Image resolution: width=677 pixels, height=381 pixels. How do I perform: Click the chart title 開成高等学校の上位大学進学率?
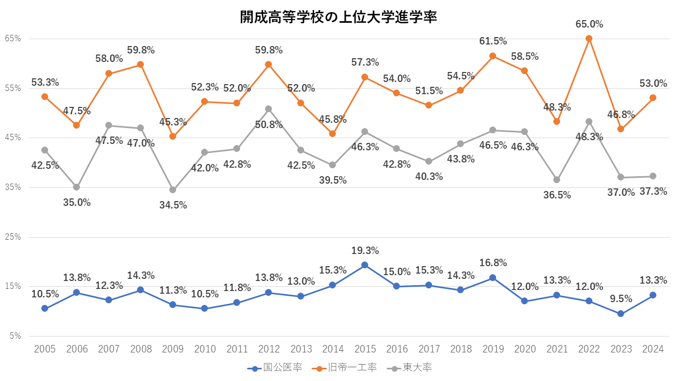coord(338,17)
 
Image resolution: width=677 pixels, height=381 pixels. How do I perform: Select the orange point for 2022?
coord(589,39)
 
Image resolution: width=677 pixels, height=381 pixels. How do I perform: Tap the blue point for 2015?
coord(364,265)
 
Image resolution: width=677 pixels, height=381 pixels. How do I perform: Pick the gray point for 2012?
coord(269,109)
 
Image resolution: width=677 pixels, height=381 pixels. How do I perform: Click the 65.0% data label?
coord(589,24)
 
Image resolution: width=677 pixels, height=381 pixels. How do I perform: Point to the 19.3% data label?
coord(365,251)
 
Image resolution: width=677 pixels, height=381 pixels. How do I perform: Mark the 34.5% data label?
coord(173,205)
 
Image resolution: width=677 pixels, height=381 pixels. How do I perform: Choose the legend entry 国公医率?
coord(275,368)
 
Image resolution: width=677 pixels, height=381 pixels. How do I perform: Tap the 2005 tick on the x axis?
coord(45,349)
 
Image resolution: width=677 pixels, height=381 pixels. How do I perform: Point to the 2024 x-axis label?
coord(653,349)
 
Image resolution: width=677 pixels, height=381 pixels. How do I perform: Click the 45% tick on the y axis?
coord(13,138)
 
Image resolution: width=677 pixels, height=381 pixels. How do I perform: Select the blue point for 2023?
coord(620,314)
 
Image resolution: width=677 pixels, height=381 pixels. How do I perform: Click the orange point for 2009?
coord(172,137)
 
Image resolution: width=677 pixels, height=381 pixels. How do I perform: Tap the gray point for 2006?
coord(77,187)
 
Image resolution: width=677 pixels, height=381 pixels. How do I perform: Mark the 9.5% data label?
coord(621,299)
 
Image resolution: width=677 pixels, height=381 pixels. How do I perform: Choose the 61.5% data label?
coord(493,41)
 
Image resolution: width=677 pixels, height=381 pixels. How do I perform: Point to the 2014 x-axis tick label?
coord(333,349)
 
